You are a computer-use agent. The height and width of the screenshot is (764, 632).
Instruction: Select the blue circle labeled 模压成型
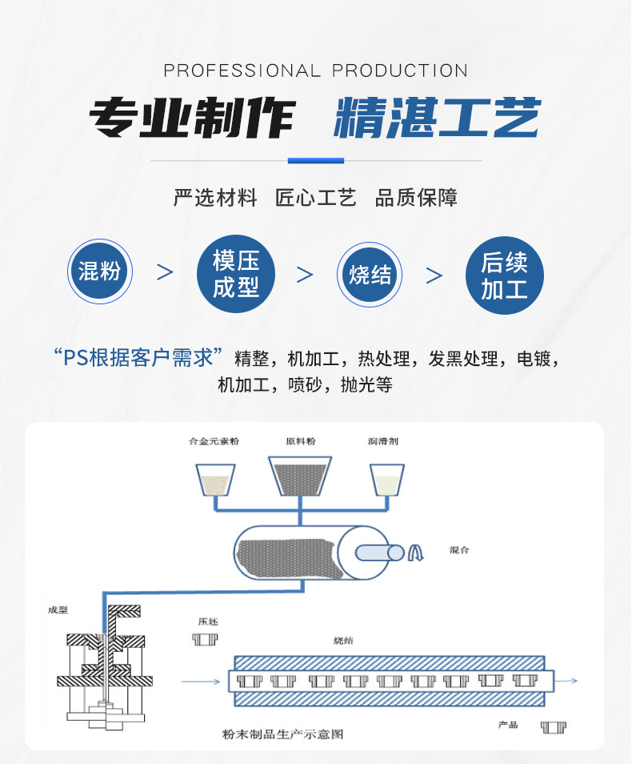click(236, 274)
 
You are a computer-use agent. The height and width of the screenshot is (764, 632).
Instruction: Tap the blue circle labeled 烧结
click(370, 275)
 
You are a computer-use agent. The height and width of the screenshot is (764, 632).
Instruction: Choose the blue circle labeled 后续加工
click(505, 274)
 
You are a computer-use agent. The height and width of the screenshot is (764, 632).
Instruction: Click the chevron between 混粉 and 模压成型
click(166, 273)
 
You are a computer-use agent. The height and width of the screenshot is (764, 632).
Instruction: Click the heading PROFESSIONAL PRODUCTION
click(315, 70)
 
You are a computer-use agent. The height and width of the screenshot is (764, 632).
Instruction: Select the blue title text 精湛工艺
click(437, 120)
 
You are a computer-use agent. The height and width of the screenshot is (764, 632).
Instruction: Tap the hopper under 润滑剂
click(386, 481)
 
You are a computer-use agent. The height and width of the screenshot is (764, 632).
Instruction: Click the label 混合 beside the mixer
click(459, 552)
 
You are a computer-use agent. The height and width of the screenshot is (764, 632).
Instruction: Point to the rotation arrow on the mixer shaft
click(416, 553)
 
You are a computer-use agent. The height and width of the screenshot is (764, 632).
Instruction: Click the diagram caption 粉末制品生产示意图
click(283, 734)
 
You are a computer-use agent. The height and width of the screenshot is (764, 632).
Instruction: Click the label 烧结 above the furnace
click(344, 641)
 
